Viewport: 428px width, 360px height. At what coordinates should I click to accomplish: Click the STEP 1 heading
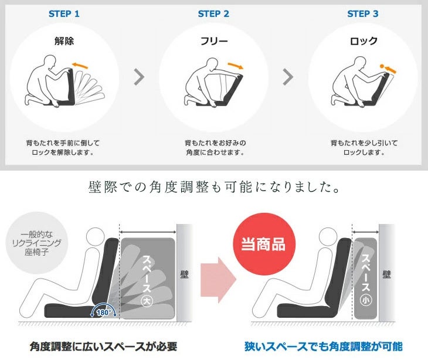pyautogui.click(x=64, y=13)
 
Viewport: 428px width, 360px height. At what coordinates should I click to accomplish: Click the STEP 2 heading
pyautogui.click(x=213, y=13)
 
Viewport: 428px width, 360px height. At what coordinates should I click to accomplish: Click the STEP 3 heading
pyautogui.click(x=363, y=13)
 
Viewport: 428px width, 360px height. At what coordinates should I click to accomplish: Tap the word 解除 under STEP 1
pyautogui.click(x=64, y=41)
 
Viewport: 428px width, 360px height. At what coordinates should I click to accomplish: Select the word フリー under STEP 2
pyautogui.click(x=214, y=41)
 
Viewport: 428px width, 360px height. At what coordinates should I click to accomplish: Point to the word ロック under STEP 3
pyautogui.click(x=364, y=41)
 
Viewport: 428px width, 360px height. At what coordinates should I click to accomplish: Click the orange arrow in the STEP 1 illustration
pyautogui.click(x=80, y=66)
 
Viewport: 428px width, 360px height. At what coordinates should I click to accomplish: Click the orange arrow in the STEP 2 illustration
pyautogui.click(x=235, y=66)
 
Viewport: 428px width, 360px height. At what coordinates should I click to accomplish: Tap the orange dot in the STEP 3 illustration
pyautogui.click(x=382, y=66)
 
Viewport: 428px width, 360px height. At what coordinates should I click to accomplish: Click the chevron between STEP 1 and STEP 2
pyautogui.click(x=139, y=77)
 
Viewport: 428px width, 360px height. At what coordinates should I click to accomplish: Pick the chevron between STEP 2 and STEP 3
pyautogui.click(x=288, y=77)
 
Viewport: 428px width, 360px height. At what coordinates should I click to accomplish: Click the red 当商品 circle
pyautogui.click(x=264, y=244)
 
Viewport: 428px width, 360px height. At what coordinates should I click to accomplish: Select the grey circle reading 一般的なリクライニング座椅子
pyautogui.click(x=36, y=243)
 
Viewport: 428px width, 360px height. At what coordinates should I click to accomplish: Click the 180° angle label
pyautogui.click(x=104, y=313)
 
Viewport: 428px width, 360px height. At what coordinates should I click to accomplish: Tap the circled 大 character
pyautogui.click(x=147, y=301)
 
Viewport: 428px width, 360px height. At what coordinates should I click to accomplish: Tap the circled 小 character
pyautogui.click(x=365, y=300)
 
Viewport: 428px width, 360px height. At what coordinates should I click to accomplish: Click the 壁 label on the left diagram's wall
pyautogui.click(x=184, y=274)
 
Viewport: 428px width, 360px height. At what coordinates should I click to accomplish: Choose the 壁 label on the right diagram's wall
pyautogui.click(x=386, y=274)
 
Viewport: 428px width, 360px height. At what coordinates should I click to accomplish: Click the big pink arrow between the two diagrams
pyautogui.click(x=218, y=280)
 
